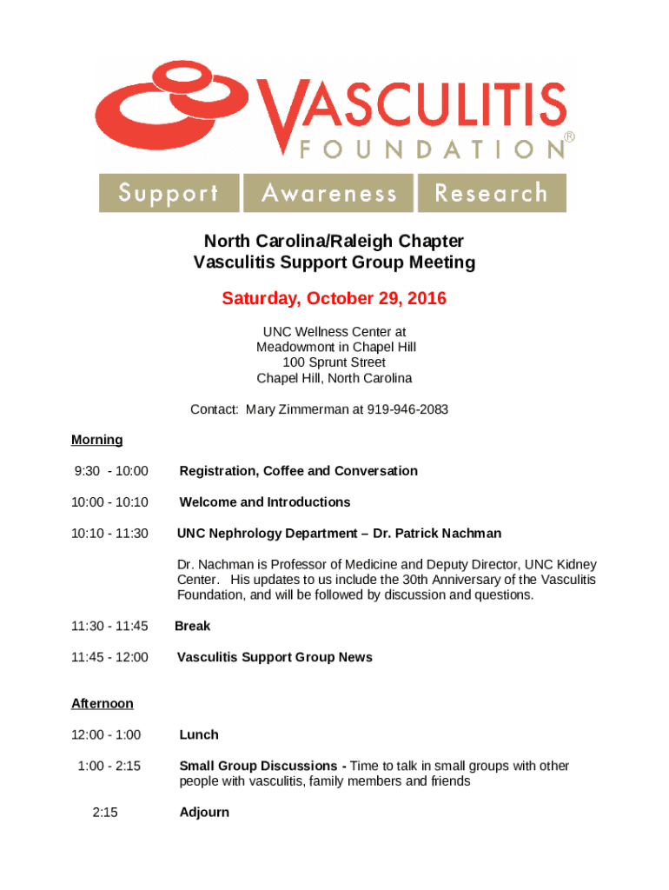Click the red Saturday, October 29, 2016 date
click(334, 299)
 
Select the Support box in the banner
click(169, 193)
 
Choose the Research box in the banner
click(492, 193)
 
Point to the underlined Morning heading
click(96, 440)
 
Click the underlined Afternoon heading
click(102, 703)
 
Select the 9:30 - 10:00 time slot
click(111, 471)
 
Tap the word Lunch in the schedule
click(198, 734)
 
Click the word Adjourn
click(204, 812)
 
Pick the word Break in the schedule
click(192, 626)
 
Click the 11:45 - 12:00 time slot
click(109, 657)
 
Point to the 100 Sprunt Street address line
click(334, 362)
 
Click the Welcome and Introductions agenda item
click(264, 502)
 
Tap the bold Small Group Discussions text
click(258, 766)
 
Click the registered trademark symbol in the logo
click(570, 137)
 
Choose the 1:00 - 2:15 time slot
click(109, 766)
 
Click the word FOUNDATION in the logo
click(431, 149)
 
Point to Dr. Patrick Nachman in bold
click(437, 533)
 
